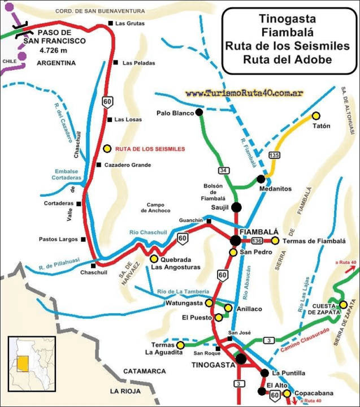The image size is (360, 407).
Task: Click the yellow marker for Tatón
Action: (308, 115)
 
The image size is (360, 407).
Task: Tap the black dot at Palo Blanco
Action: (199, 112)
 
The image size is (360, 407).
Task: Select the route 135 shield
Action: (275, 155)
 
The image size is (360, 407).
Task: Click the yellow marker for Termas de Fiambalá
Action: (275, 241)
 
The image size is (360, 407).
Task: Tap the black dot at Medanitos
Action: (261, 179)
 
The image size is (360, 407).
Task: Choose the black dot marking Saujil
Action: (236, 207)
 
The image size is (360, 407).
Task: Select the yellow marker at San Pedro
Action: (233, 252)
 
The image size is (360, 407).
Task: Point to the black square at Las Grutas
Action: (111, 23)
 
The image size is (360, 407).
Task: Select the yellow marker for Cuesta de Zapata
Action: (343, 305)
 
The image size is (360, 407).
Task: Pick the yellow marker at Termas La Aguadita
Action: (180, 344)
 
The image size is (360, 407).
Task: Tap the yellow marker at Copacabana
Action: (287, 393)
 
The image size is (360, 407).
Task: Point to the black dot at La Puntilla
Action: (264, 373)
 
